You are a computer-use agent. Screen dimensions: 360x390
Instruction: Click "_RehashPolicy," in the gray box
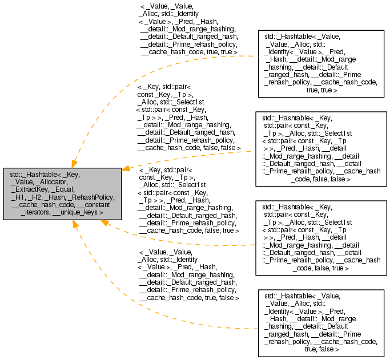click(x=91, y=197)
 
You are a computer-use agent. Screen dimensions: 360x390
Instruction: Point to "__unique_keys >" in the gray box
click(x=78, y=212)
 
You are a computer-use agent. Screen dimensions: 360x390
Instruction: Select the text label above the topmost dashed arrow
click(x=188, y=29)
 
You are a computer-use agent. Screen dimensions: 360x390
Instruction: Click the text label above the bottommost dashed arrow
click(x=188, y=274)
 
